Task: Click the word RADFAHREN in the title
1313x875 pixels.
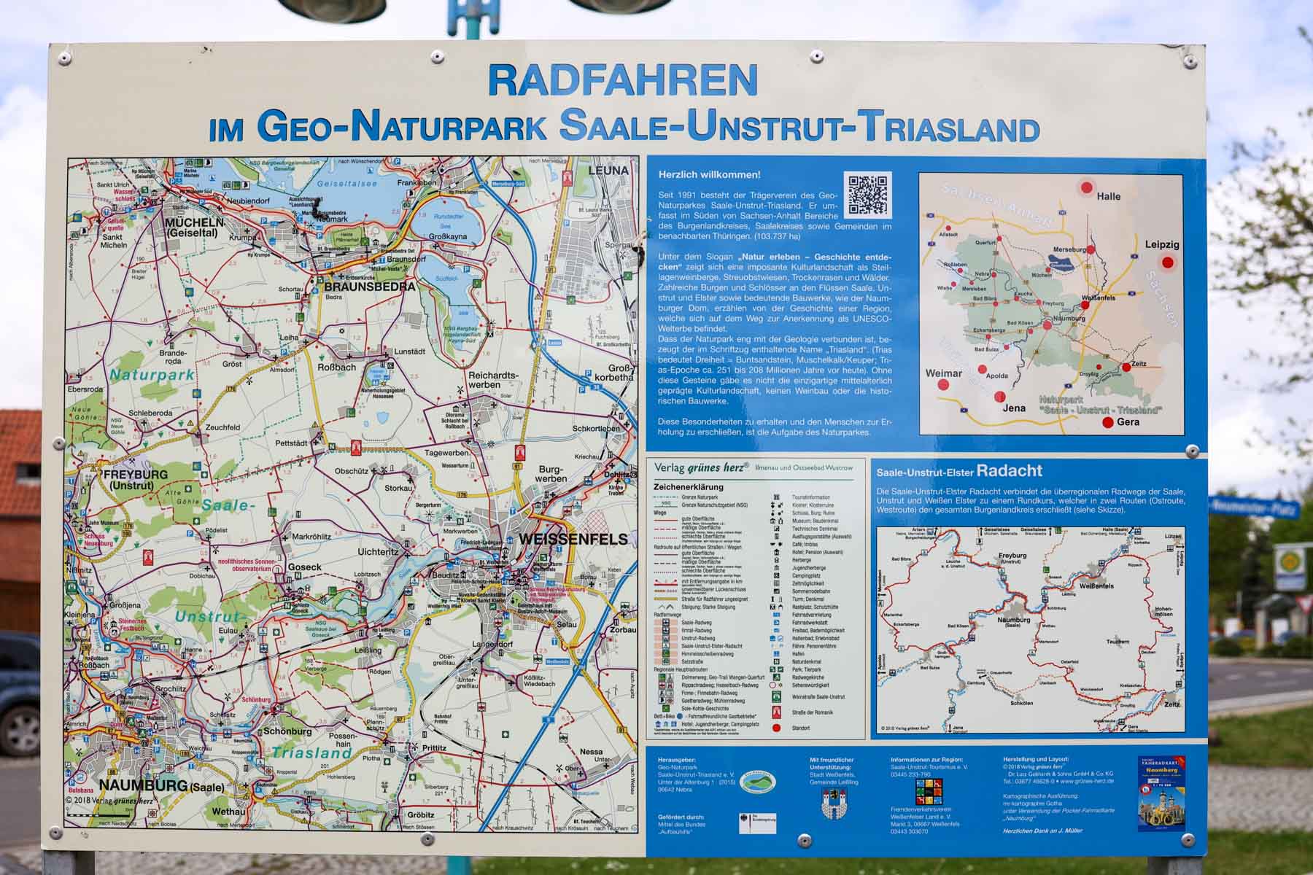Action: (x=622, y=81)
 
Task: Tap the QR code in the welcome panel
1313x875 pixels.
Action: (x=867, y=195)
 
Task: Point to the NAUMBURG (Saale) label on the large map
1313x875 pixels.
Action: (x=161, y=785)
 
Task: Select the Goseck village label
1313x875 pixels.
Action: (x=304, y=567)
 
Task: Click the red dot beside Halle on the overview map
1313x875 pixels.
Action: (x=1086, y=187)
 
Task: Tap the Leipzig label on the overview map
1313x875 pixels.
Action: (x=1161, y=245)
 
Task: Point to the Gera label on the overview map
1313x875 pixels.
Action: (x=1127, y=422)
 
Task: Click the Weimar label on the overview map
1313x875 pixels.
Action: (x=943, y=373)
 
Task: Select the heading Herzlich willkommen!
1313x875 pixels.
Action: (x=709, y=175)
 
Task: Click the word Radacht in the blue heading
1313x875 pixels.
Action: (x=1009, y=471)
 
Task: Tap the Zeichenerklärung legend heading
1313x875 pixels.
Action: (x=688, y=487)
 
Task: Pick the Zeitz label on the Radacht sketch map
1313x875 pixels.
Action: (x=1171, y=704)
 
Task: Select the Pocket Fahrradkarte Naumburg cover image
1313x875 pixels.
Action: (x=1161, y=793)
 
